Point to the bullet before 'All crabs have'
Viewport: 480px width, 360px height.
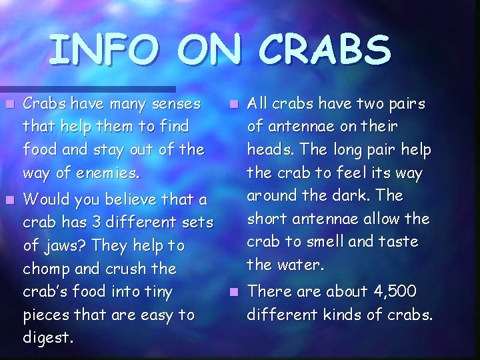(x=233, y=104)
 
